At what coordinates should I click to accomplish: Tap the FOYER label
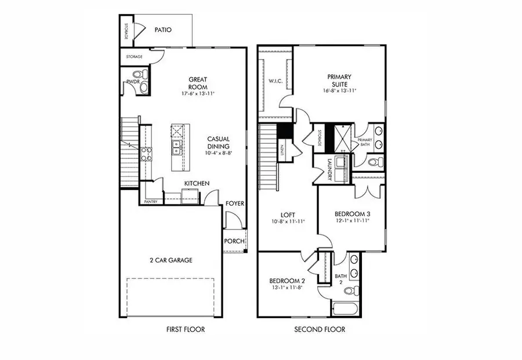click(234, 204)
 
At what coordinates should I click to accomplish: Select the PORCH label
click(234, 241)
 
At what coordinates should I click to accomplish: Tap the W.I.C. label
click(275, 81)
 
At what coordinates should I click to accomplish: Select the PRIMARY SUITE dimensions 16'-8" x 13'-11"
click(339, 91)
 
